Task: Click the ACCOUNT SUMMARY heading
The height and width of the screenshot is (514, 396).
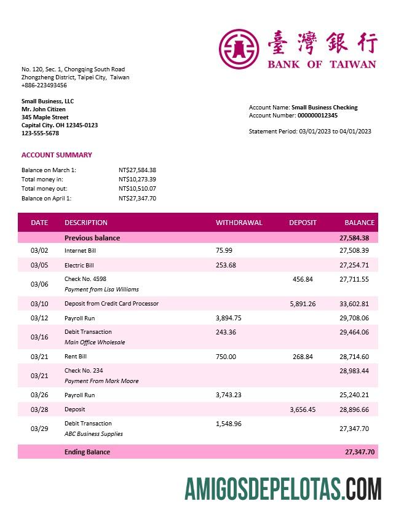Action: click(57, 155)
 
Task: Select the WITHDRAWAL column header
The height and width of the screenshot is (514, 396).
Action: click(239, 223)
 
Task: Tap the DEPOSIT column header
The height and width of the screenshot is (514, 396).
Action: click(303, 223)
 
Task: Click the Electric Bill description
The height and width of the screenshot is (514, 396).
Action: click(79, 266)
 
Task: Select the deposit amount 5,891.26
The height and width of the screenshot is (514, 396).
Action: click(303, 304)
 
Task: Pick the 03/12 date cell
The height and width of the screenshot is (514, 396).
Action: click(39, 318)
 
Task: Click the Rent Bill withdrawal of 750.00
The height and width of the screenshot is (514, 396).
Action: click(226, 357)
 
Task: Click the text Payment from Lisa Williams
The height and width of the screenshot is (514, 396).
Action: click(101, 290)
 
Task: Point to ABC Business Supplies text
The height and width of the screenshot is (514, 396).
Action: click(93, 434)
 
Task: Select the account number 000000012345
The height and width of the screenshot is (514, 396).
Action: click(317, 116)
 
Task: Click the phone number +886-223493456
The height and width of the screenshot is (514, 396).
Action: click(44, 85)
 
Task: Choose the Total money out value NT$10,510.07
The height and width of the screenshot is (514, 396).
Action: click(137, 189)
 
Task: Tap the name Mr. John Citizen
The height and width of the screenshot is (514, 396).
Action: click(44, 109)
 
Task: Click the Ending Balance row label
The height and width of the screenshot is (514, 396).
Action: click(87, 452)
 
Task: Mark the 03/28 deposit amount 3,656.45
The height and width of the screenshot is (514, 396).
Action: click(303, 409)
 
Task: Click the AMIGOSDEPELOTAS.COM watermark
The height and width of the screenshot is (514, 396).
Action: click(282, 488)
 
